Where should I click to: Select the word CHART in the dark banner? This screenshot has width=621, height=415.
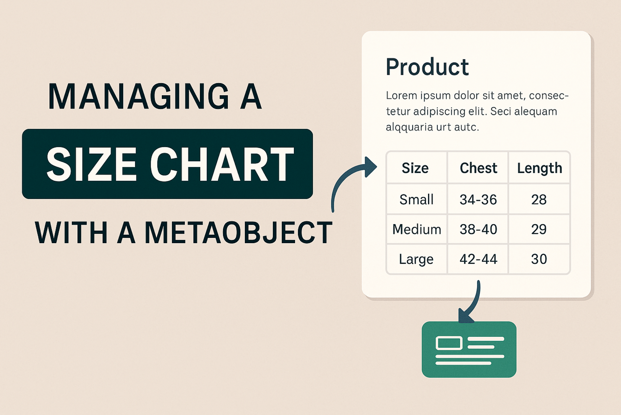click(x=222, y=165)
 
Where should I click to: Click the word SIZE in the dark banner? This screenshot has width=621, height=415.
click(x=91, y=165)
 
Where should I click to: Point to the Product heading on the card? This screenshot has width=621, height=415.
click(x=427, y=67)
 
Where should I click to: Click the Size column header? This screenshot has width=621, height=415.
click(x=415, y=168)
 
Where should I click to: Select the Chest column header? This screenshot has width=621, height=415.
click(x=478, y=168)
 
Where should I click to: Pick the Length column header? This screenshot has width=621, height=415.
click(x=540, y=168)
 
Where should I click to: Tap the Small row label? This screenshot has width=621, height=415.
click(x=416, y=200)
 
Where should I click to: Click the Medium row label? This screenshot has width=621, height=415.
click(x=417, y=229)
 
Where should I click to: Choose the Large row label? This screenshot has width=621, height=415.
click(x=416, y=259)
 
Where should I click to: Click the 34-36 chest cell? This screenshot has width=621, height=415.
click(x=478, y=200)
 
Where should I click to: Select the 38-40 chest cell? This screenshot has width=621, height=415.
click(x=478, y=229)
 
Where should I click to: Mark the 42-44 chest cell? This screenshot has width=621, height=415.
click(x=478, y=259)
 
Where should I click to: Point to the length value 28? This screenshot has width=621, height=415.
click(x=539, y=200)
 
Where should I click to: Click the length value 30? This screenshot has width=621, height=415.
click(x=539, y=259)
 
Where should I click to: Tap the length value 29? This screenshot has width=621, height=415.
click(x=539, y=229)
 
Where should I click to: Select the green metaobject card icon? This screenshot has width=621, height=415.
click(x=469, y=350)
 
